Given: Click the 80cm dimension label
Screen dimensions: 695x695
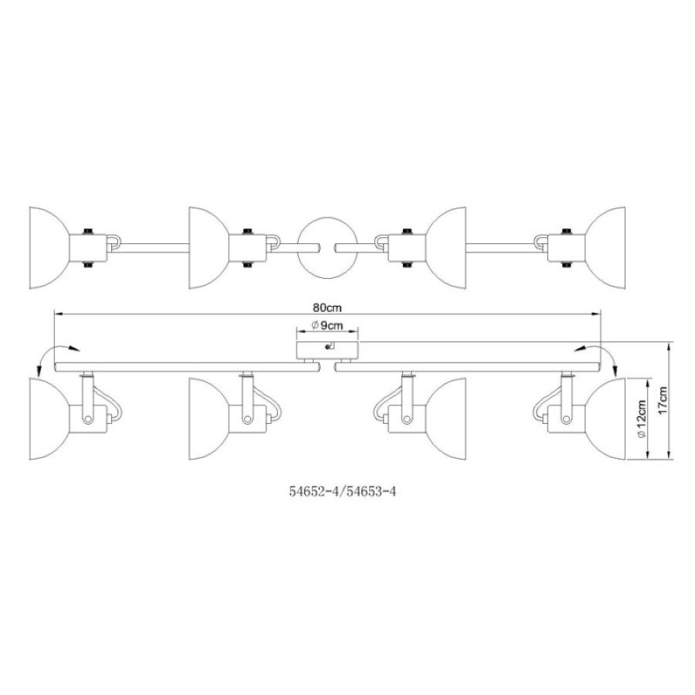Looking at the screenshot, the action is pos(328,308).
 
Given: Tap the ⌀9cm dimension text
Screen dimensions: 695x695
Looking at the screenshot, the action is pos(328,326).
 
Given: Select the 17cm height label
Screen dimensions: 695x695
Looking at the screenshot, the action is pos(663,400).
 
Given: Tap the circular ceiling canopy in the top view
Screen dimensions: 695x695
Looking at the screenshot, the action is pos(328,248).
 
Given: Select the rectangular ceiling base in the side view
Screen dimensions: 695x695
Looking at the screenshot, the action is pos(328,350).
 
